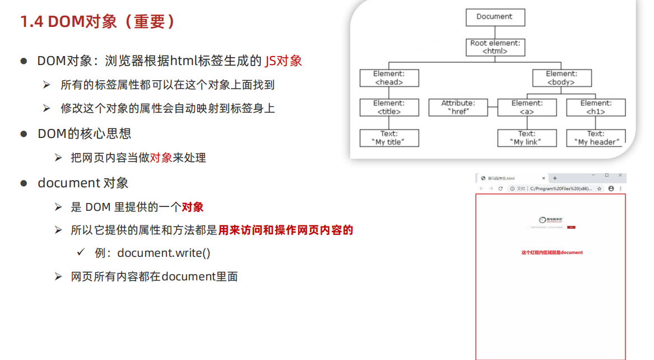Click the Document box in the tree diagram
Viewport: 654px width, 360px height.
495,17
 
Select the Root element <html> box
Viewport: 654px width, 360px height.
495,47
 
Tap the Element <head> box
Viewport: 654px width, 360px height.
389,78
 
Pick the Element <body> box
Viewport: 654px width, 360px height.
561,78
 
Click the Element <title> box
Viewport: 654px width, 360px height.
389,108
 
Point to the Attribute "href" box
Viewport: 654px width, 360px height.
458,108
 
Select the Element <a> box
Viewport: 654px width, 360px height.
527,108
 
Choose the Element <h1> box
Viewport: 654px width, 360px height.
596,108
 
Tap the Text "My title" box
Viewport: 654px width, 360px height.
389,138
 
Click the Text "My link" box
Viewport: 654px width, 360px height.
527,138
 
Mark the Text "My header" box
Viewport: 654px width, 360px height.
596,138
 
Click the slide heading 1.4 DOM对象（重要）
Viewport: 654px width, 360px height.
98,22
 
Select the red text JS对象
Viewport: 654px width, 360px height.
284,61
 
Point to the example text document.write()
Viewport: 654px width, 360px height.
164,253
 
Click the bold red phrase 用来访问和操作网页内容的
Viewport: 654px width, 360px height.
286,230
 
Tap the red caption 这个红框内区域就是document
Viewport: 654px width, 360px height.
552,252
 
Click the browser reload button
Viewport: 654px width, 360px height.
500,189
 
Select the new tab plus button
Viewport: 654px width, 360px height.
555,178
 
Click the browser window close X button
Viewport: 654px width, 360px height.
620,176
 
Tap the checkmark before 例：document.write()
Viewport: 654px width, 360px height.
80,253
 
